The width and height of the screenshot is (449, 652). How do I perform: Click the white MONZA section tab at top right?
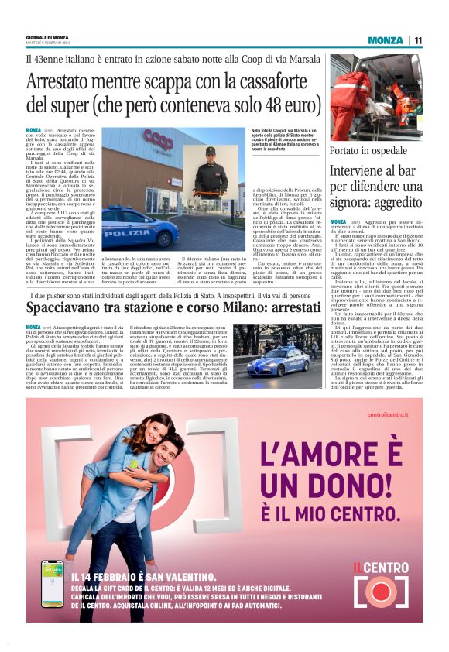386,40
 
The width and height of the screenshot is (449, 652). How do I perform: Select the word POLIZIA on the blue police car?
126,232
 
